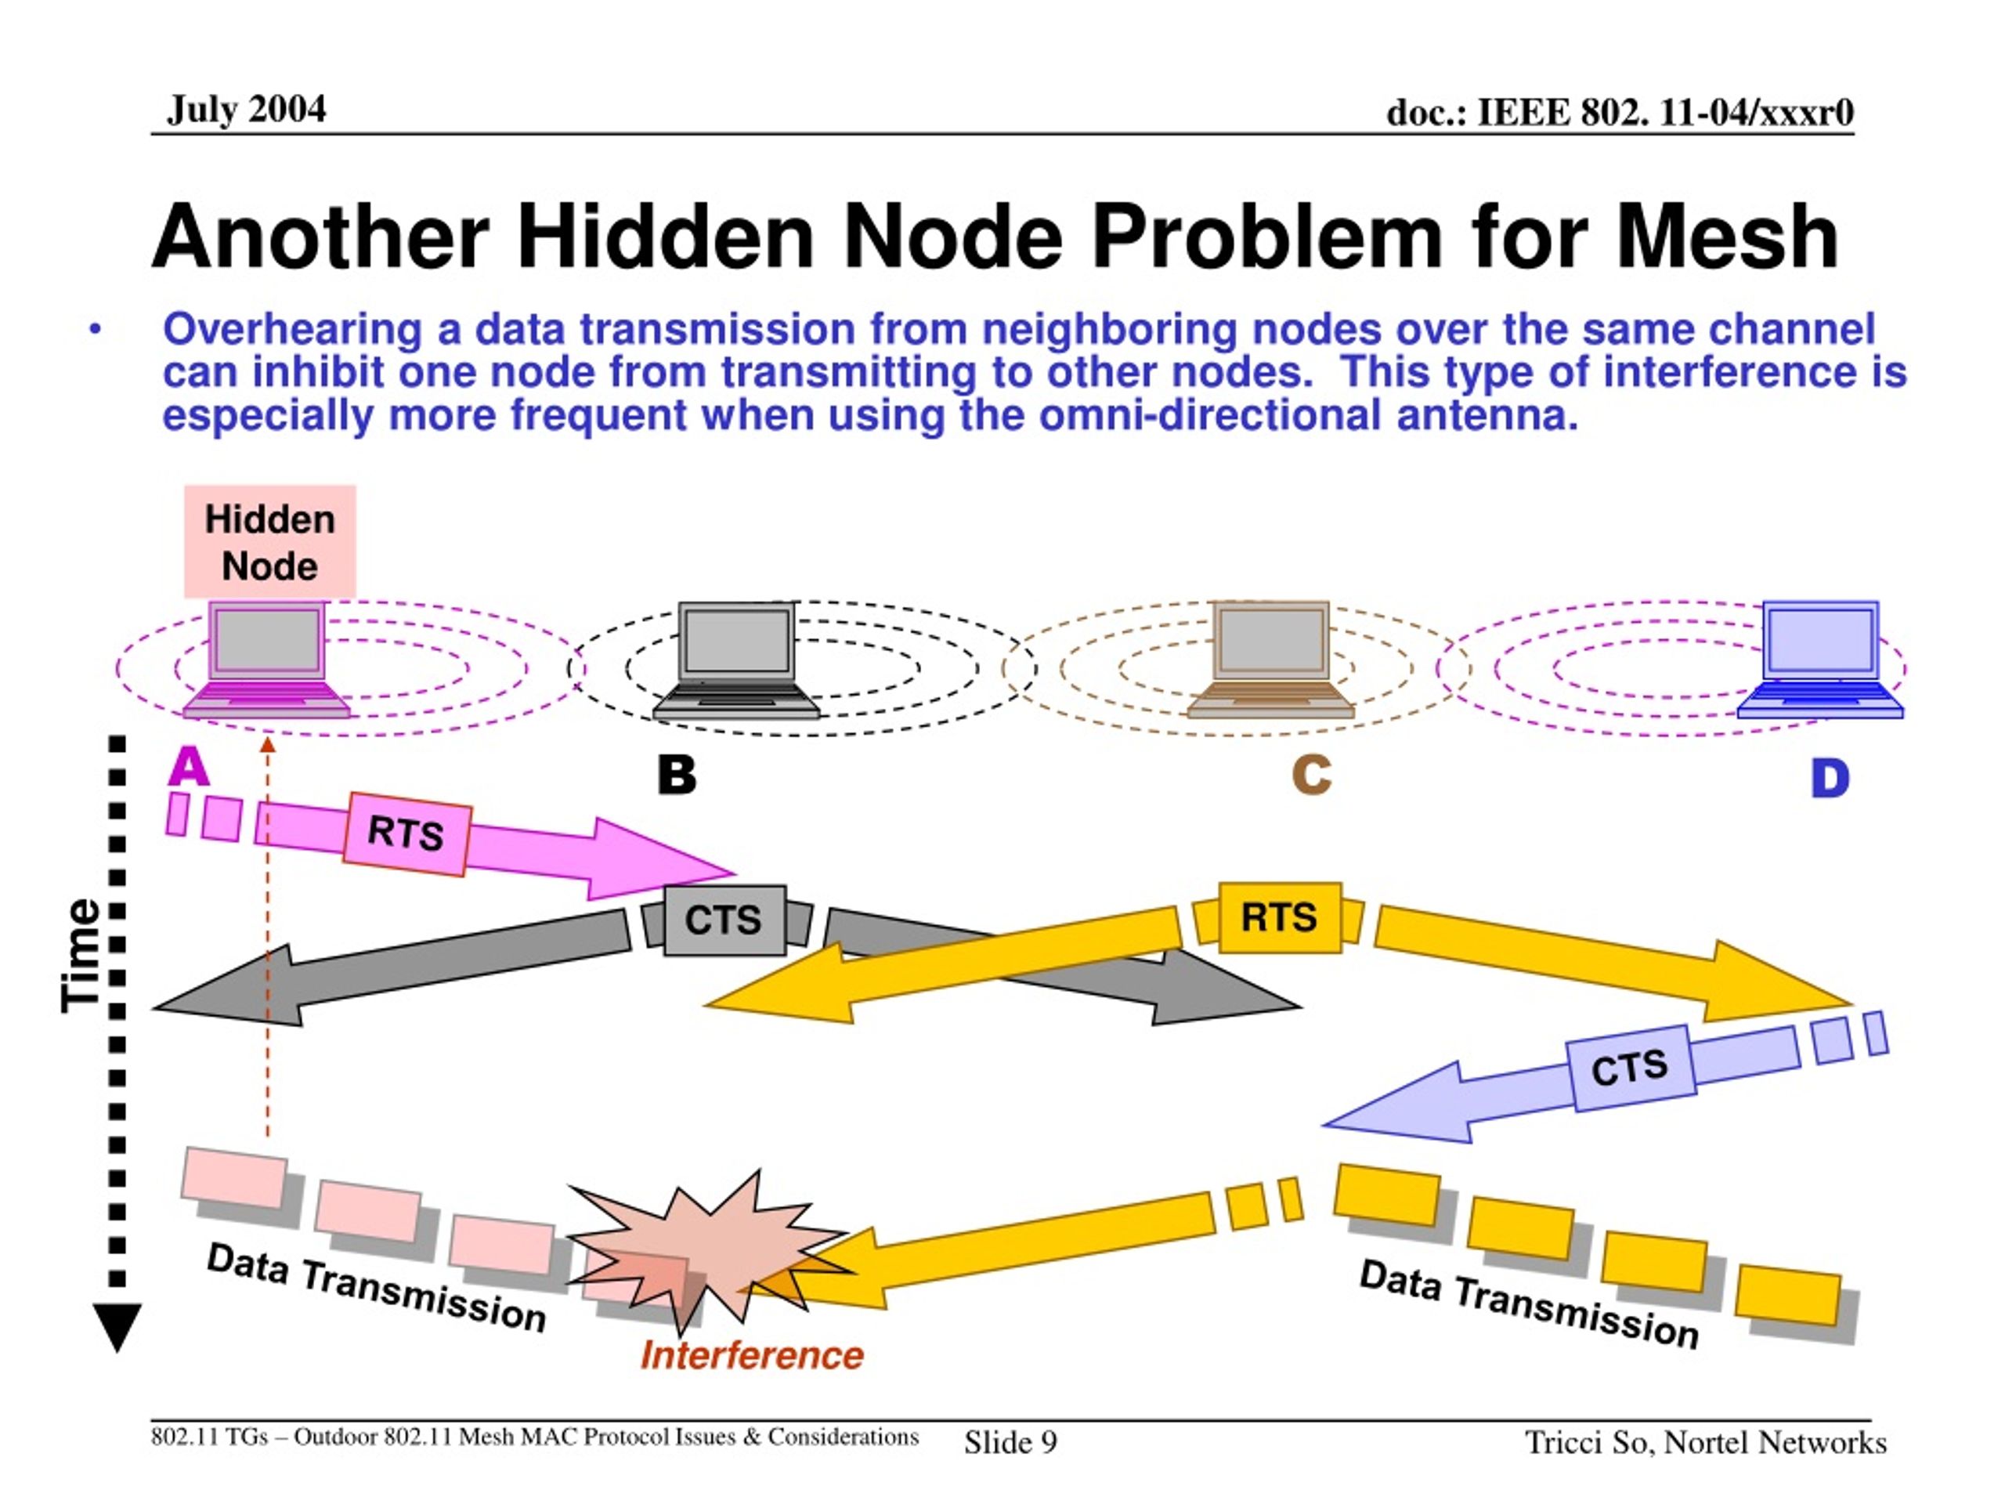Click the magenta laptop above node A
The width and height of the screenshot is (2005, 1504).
[x=266, y=660]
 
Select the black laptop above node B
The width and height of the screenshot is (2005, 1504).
[x=736, y=661]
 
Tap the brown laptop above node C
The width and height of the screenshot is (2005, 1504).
[x=1271, y=660]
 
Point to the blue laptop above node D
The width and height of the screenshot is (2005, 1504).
[x=1820, y=660]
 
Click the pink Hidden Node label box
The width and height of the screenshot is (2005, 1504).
[x=270, y=542]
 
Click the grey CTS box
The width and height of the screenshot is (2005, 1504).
[x=724, y=920]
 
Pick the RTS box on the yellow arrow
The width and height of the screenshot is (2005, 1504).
[x=1279, y=917]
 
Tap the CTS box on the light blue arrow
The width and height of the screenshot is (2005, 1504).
[x=1630, y=1068]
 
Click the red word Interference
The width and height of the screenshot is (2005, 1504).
[x=753, y=1356]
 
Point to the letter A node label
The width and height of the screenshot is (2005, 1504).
[x=189, y=767]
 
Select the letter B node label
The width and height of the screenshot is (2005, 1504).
[x=677, y=775]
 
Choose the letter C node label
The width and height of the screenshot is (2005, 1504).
[x=1312, y=775]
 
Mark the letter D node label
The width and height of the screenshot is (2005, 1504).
[x=1830, y=779]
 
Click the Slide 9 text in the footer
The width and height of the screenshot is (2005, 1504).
[x=1010, y=1442]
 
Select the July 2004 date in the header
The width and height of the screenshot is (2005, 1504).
[x=246, y=110]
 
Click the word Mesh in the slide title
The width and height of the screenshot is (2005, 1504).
[x=1728, y=237]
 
